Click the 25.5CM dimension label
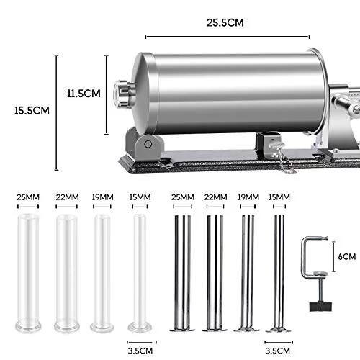(x=225, y=22)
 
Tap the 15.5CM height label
(x=32, y=111)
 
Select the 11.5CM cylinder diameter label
(x=84, y=94)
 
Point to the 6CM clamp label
(x=347, y=256)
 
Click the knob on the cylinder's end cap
(x=123, y=94)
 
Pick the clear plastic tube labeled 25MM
(x=28, y=273)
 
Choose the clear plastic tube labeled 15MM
(x=140, y=273)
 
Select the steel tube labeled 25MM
(x=182, y=273)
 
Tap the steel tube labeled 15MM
(x=279, y=273)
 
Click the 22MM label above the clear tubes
(x=67, y=197)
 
